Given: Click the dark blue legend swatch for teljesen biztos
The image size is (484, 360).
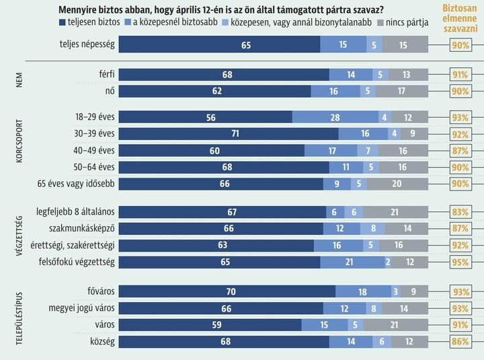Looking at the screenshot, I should [63, 22].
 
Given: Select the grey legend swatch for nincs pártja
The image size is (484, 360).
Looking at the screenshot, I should [382, 22].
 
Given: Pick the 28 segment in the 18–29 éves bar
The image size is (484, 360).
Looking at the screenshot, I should [335, 117].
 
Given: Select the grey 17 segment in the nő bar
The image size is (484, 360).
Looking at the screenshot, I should [401, 89].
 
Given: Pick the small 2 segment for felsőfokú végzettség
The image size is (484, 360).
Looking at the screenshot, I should [388, 262].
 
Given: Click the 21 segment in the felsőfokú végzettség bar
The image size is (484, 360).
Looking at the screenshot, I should [350, 262].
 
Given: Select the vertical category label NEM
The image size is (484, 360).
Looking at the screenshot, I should [19, 82].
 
